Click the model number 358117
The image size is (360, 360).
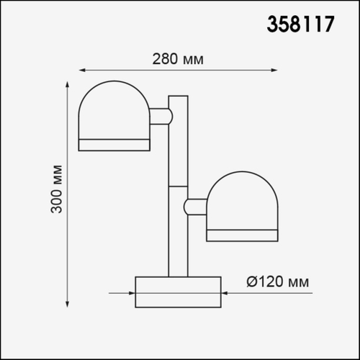tap(300, 24)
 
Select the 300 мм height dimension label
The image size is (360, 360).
tap(58, 190)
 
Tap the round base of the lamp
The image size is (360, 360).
tap(178, 292)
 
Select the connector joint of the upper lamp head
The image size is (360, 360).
tap(161, 116)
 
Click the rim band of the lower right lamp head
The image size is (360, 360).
tap(242, 234)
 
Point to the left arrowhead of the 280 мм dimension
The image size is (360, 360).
tap(81, 71)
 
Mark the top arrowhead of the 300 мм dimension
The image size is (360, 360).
tap(69, 85)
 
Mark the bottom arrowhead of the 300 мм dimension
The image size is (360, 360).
tap(69, 305)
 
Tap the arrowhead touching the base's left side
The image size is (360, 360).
tap(132, 293)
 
